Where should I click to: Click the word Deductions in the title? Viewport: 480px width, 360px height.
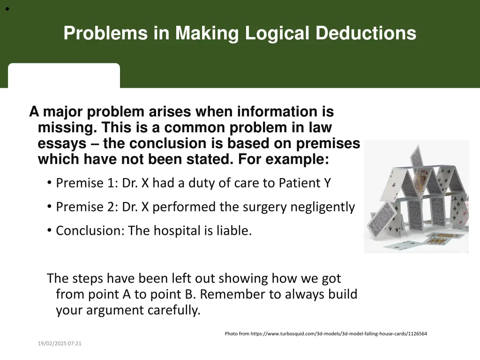(x=366, y=33)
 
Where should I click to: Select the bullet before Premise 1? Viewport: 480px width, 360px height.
(x=50, y=183)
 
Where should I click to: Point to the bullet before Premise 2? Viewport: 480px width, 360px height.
(x=50, y=207)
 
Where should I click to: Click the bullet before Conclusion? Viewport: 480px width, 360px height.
(x=50, y=231)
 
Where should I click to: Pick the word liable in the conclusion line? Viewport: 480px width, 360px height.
(x=235, y=231)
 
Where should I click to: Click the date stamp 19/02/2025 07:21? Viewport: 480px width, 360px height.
(x=60, y=344)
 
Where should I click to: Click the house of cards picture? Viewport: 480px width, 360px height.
(x=416, y=196)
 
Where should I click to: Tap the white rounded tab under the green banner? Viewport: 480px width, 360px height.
(x=64, y=75)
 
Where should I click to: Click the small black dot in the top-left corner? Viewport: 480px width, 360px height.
(x=8, y=8)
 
